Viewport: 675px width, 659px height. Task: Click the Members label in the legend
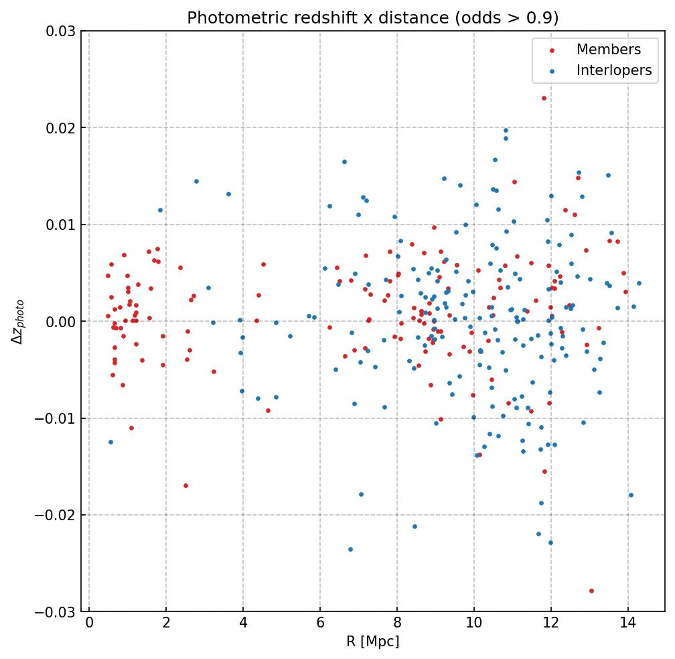pyautogui.click(x=608, y=50)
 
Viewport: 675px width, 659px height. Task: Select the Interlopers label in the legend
pyautogui.click(x=613, y=70)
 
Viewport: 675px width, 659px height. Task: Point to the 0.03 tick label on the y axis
pyautogui.click(x=60, y=31)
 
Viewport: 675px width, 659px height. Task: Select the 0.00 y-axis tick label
pyautogui.click(x=60, y=322)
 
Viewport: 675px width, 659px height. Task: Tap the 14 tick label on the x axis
pyautogui.click(x=627, y=623)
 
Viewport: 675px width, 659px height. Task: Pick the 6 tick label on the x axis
pyautogui.click(x=320, y=623)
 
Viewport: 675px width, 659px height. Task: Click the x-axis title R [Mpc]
pyautogui.click(x=372, y=642)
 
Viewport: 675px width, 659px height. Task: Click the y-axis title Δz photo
pyautogui.click(x=18, y=322)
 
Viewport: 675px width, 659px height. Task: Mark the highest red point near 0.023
pyautogui.click(x=544, y=98)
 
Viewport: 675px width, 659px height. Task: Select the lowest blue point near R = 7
pyautogui.click(x=350, y=549)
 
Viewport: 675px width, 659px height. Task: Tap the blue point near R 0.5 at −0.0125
pyautogui.click(x=110, y=442)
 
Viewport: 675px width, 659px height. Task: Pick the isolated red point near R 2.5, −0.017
pyautogui.click(x=185, y=485)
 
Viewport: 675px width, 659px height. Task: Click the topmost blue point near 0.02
pyautogui.click(x=506, y=131)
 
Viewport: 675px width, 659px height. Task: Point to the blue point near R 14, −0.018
pyautogui.click(x=631, y=495)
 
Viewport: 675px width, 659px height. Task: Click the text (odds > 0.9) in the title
pyautogui.click(x=506, y=17)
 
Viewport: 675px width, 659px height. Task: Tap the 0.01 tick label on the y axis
pyautogui.click(x=60, y=225)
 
